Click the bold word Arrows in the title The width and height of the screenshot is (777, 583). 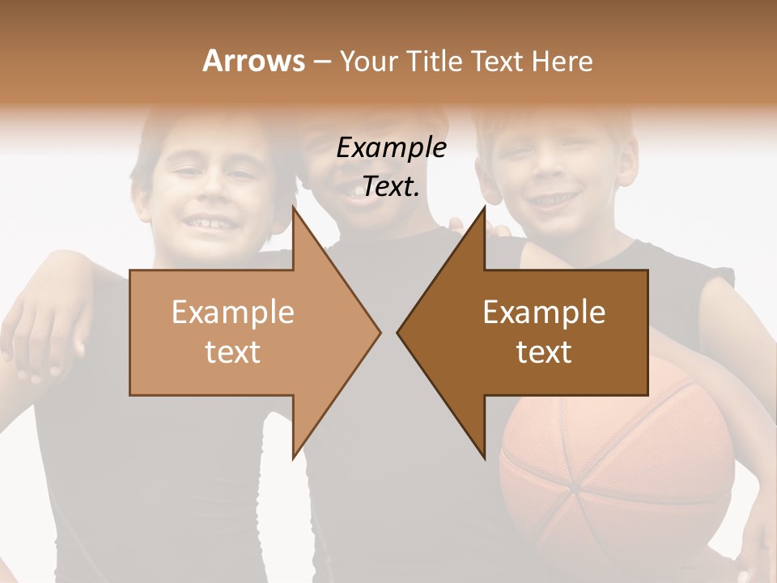point(253,61)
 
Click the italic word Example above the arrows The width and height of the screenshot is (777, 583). point(391,148)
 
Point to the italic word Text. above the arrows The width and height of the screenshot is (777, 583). point(391,187)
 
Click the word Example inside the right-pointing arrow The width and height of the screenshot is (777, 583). point(233,313)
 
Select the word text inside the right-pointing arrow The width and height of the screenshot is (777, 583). point(233,352)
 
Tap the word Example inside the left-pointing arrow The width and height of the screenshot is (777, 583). point(544,313)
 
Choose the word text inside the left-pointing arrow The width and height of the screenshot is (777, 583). point(544,352)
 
